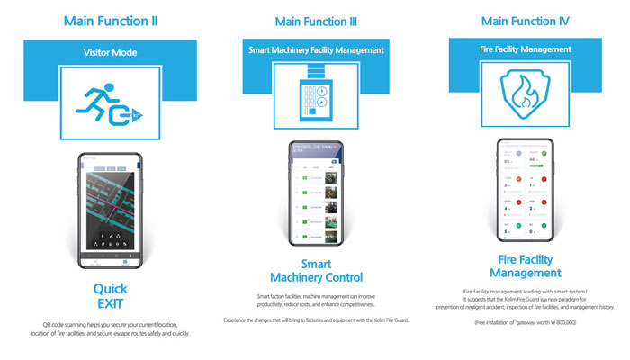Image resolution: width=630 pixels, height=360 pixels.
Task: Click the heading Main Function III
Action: point(315,19)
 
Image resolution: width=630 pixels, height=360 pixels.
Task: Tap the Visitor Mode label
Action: point(112,53)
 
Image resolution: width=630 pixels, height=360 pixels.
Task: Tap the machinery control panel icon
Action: point(316,101)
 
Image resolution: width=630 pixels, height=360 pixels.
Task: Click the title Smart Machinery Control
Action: point(317,271)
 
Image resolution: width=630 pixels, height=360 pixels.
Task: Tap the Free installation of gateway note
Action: point(526,321)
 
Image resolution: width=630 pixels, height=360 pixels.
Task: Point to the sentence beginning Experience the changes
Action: point(317,320)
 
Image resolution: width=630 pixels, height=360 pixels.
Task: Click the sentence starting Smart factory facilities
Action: point(317,300)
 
